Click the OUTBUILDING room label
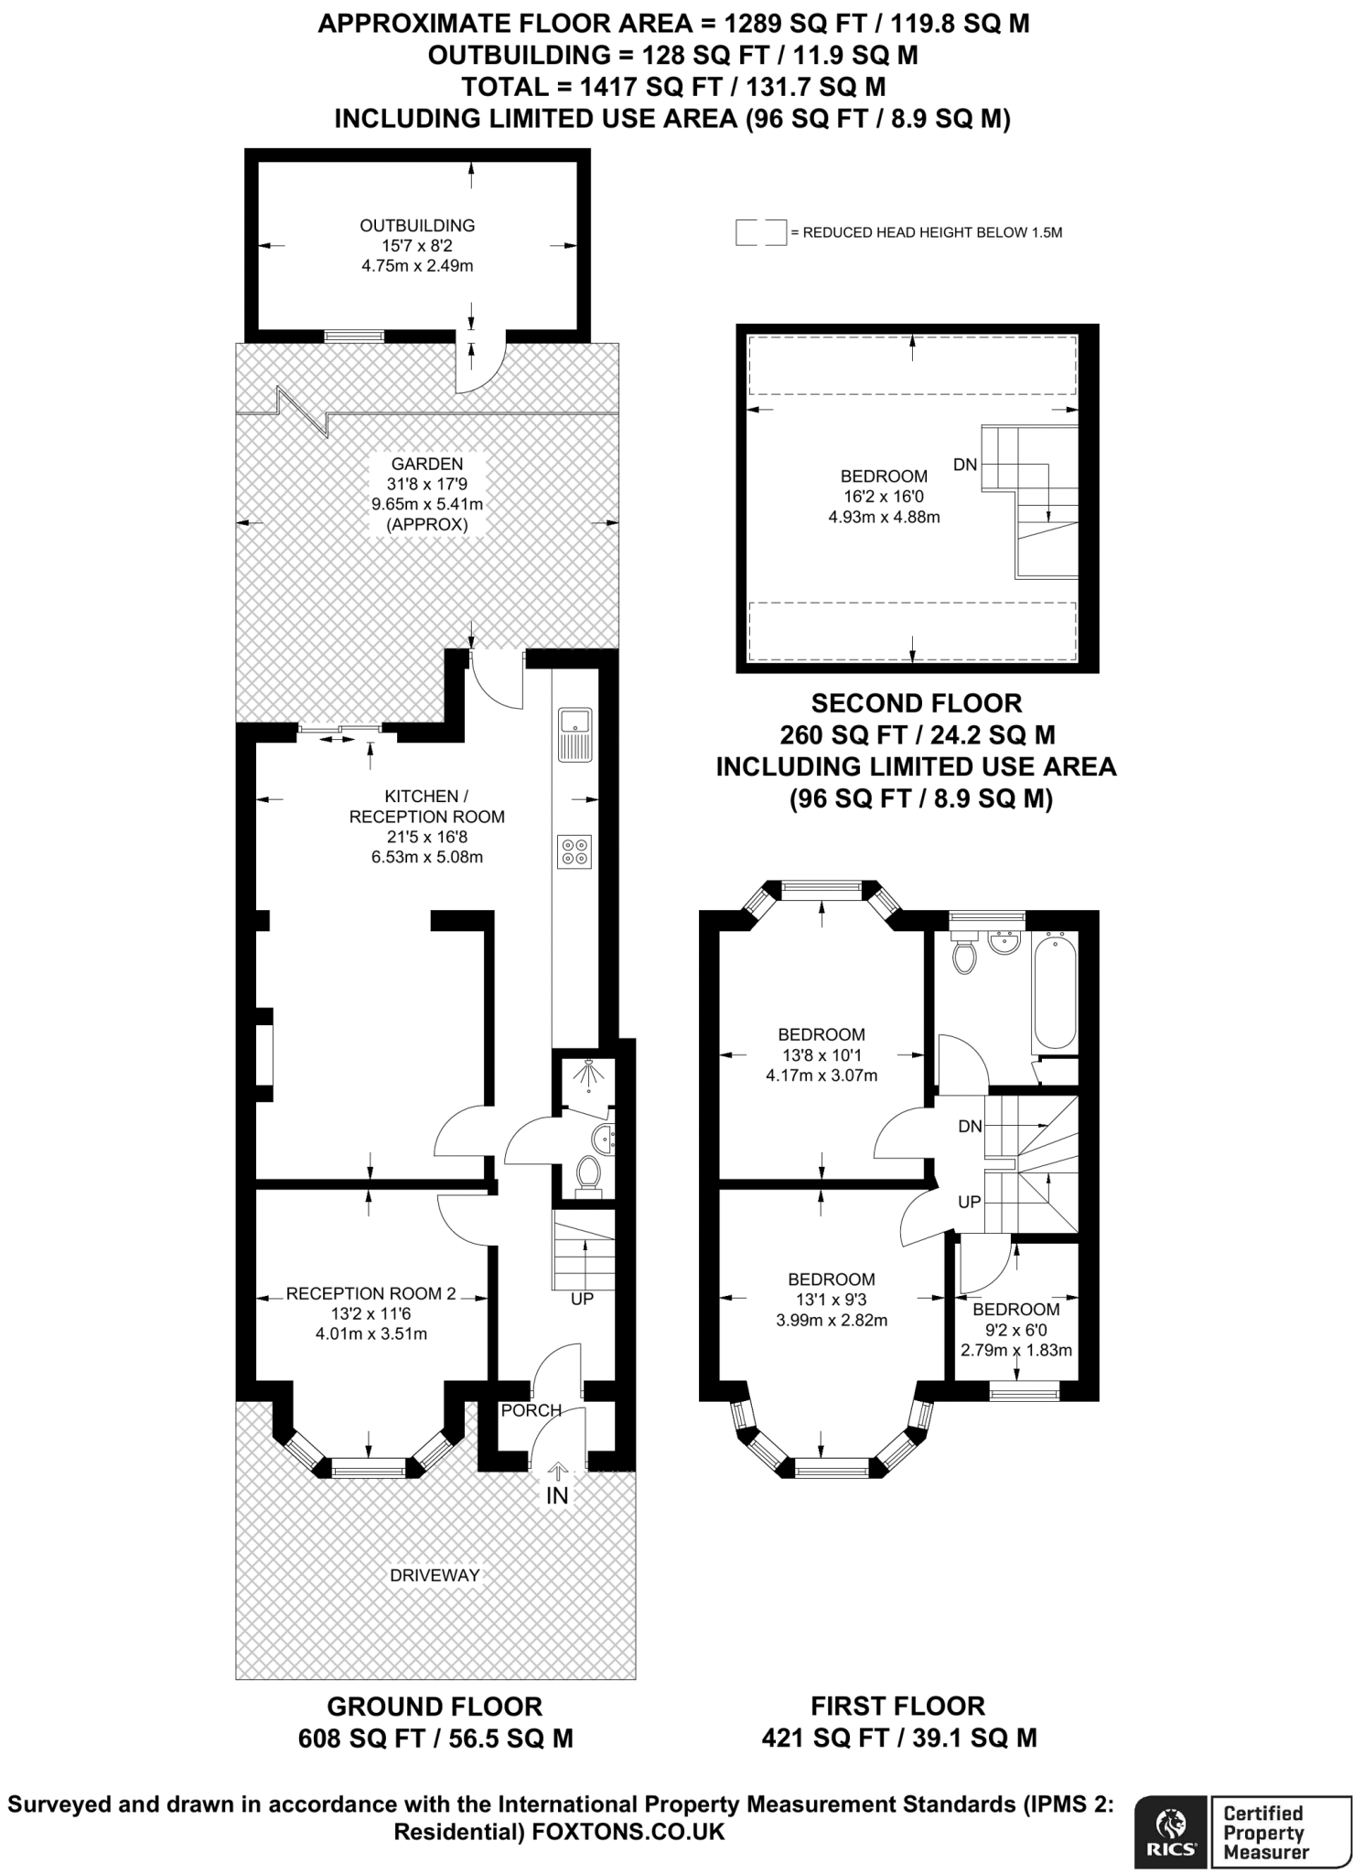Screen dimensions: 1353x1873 click(x=417, y=225)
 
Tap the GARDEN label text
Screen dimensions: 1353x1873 click(x=427, y=464)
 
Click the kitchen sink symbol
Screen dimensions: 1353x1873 click(x=575, y=734)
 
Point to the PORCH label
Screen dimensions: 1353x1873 click(x=532, y=1410)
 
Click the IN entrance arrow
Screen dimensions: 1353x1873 click(x=557, y=1470)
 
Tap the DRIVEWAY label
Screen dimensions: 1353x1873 click(x=435, y=1575)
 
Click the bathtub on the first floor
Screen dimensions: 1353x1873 click(x=1054, y=990)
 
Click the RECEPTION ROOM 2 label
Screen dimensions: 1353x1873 click(x=370, y=1293)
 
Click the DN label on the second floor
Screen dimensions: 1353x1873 click(x=965, y=465)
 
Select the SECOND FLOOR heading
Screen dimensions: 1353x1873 click(x=917, y=703)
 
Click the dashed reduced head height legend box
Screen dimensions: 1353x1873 click(x=761, y=232)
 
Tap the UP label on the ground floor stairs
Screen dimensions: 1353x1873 click(x=582, y=1299)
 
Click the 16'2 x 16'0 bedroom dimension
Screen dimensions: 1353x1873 click(x=884, y=497)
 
